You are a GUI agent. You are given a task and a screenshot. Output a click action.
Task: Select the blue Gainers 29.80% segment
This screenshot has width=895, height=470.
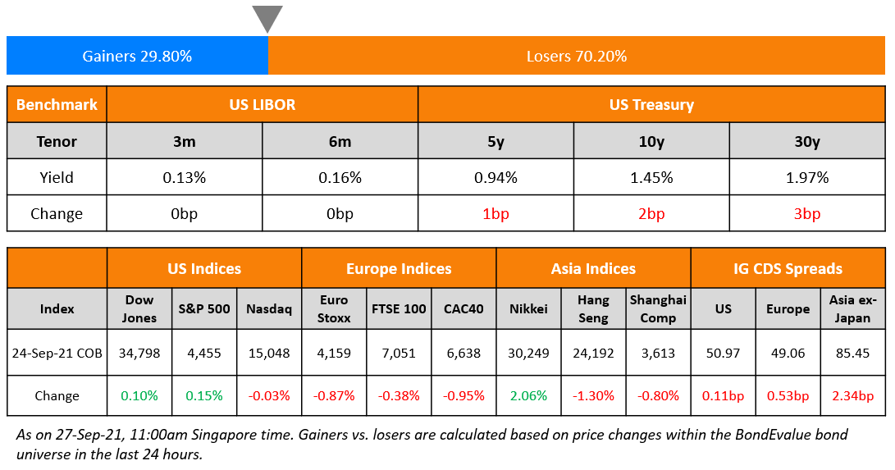(137, 56)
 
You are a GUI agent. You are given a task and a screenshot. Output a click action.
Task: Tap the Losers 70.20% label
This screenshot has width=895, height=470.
(577, 56)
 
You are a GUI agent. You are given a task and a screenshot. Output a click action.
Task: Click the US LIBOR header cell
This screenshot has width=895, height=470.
(263, 104)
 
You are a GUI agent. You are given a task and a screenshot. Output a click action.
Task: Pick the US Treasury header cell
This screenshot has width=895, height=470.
(651, 104)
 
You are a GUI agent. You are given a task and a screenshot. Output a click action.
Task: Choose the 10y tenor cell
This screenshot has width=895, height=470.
(651, 141)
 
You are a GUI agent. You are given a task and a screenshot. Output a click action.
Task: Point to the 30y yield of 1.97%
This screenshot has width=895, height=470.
(806, 177)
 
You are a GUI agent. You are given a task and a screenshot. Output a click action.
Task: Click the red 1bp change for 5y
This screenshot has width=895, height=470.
(495, 214)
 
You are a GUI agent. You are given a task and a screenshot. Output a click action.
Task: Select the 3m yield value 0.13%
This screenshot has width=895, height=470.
(185, 177)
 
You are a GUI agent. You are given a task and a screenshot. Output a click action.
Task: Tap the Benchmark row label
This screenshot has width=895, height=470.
(57, 104)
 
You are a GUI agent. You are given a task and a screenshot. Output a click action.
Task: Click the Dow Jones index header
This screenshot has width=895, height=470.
(139, 309)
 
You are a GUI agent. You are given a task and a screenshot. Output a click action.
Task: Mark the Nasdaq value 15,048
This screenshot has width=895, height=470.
(269, 354)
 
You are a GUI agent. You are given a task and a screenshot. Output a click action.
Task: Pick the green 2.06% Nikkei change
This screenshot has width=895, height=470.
(528, 395)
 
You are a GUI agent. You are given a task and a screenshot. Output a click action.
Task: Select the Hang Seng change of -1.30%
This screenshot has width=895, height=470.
(593, 395)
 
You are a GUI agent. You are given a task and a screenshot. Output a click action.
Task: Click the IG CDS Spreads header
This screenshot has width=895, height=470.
(788, 268)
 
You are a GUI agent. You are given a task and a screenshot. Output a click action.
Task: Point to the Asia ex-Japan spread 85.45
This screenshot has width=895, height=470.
(852, 354)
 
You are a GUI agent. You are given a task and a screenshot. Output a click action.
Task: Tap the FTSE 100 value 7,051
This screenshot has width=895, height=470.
(399, 354)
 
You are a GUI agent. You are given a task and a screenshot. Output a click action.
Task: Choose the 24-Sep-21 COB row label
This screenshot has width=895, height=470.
(57, 354)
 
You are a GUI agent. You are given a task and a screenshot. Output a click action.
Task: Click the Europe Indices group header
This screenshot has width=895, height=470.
(399, 268)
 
